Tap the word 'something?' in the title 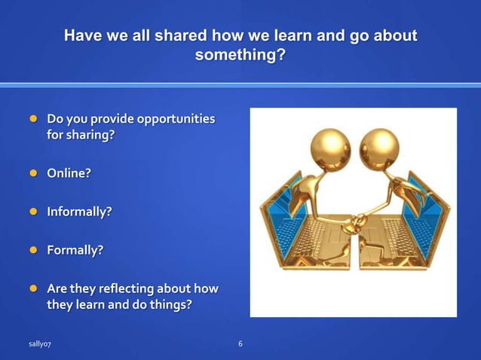tap(240, 55)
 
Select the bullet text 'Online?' tap(69, 173)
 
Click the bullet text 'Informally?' tap(79, 212)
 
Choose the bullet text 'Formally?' tap(75, 251)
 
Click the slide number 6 tap(240, 344)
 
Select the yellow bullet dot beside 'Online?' tap(33, 173)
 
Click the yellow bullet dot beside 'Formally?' tap(33, 251)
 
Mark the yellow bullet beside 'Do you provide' tap(33, 119)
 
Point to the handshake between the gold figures tap(354, 220)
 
